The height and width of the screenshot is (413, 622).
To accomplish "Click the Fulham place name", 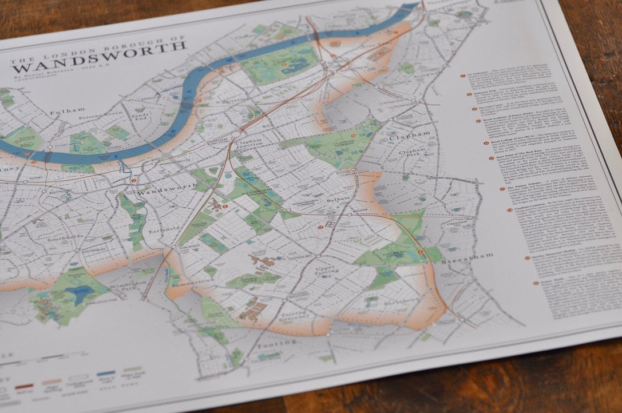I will coord(67,109).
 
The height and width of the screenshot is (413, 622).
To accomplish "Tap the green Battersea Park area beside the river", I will coord(279,63).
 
